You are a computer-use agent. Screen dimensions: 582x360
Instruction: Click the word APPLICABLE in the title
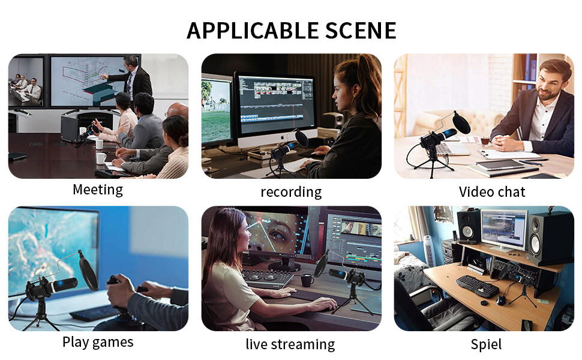(253, 31)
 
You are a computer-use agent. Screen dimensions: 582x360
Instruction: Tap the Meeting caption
(98, 190)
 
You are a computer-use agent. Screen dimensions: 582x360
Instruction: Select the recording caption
(291, 192)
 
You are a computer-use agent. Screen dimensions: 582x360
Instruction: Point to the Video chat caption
(492, 192)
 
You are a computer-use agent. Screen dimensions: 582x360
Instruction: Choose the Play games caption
(98, 342)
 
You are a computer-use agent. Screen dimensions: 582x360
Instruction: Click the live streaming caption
(290, 344)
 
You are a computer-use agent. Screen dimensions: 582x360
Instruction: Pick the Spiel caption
(486, 344)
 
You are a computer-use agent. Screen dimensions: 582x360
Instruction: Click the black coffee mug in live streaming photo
(307, 280)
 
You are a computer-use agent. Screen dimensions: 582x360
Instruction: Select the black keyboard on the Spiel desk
(477, 286)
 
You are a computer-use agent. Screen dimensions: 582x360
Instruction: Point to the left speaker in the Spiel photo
(469, 226)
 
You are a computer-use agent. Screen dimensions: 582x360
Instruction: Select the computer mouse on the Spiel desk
(501, 300)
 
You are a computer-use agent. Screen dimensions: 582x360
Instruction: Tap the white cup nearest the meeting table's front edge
(101, 158)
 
